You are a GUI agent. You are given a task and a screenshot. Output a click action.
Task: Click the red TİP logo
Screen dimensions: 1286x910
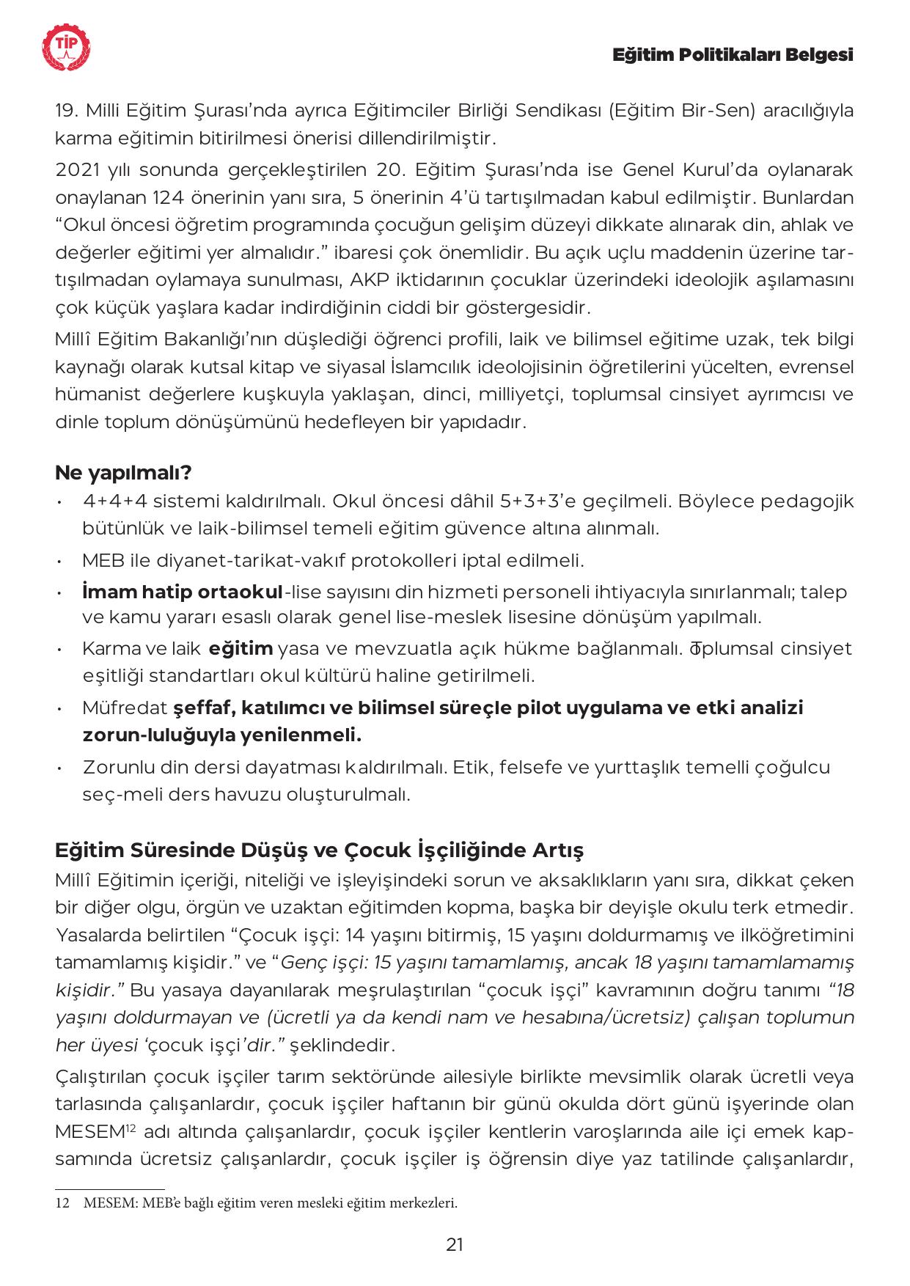tap(67, 48)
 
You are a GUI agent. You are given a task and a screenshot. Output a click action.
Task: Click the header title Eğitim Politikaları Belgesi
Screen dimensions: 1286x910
tap(733, 55)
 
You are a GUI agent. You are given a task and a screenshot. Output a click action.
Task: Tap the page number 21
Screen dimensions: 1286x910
tap(455, 1244)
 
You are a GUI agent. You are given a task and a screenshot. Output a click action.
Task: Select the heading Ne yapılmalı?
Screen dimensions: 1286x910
tap(123, 473)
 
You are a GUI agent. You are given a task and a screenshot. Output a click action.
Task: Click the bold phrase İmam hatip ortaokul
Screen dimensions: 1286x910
tap(183, 592)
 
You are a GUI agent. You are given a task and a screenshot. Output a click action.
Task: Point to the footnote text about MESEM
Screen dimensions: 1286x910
tap(270, 1203)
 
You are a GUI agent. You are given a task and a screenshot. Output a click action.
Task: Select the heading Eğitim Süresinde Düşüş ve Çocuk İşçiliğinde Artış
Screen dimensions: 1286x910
tap(319, 850)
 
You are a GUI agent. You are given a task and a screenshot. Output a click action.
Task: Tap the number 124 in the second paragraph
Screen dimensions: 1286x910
tap(171, 198)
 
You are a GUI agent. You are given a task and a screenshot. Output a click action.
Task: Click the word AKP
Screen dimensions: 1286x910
tap(367, 280)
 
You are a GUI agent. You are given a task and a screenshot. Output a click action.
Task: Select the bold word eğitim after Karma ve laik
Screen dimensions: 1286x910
tap(241, 649)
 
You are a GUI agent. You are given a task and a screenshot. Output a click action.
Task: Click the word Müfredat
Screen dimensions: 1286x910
tap(125, 708)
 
